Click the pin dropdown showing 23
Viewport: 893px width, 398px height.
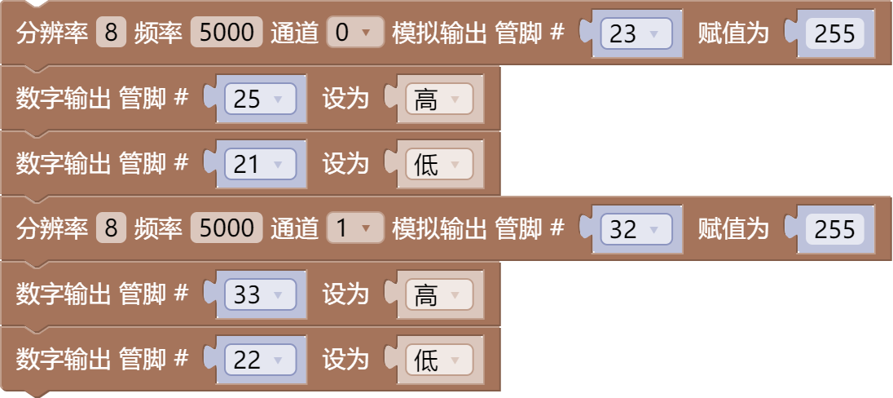click(x=635, y=34)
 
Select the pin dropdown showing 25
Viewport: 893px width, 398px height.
click(x=258, y=99)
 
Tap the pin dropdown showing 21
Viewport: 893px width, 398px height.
click(x=258, y=165)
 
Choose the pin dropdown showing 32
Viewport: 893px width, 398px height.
click(x=635, y=229)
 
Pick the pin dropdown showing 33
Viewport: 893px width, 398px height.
click(x=258, y=294)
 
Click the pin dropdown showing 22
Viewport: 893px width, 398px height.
click(x=258, y=360)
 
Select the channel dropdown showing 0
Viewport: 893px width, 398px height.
click(x=354, y=33)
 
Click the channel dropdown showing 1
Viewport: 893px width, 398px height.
click(x=354, y=229)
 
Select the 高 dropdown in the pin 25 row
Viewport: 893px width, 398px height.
click(x=438, y=99)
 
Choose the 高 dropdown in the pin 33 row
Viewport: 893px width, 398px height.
click(x=438, y=294)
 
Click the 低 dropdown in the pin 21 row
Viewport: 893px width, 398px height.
click(x=438, y=165)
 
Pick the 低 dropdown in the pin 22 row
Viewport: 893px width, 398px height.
click(x=438, y=360)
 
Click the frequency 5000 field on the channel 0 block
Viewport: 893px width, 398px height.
click(x=227, y=33)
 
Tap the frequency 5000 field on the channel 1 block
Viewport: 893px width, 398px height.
click(x=227, y=229)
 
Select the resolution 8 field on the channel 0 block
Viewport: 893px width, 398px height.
click(x=111, y=33)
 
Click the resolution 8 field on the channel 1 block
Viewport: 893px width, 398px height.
click(x=111, y=229)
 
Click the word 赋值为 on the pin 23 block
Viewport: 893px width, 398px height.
click(x=733, y=34)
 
